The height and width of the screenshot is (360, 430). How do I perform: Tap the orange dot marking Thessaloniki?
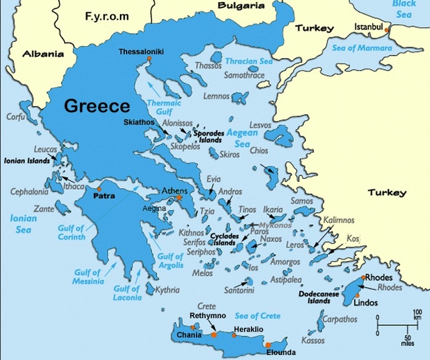pyautogui.click(x=149, y=58)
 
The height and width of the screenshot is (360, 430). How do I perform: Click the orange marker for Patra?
pyautogui.click(x=99, y=189)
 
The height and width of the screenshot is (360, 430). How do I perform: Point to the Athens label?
pyautogui.click(x=174, y=191)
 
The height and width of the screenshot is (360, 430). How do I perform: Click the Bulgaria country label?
pyautogui.click(x=242, y=6)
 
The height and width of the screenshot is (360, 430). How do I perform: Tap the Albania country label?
pyautogui.click(x=43, y=54)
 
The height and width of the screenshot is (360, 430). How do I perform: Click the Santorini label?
pyautogui.click(x=238, y=290)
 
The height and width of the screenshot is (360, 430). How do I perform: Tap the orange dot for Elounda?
pyautogui.click(x=268, y=345)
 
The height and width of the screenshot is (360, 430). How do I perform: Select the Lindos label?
pyautogui.click(x=365, y=303)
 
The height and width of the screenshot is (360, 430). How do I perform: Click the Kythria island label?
pyautogui.click(x=167, y=290)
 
